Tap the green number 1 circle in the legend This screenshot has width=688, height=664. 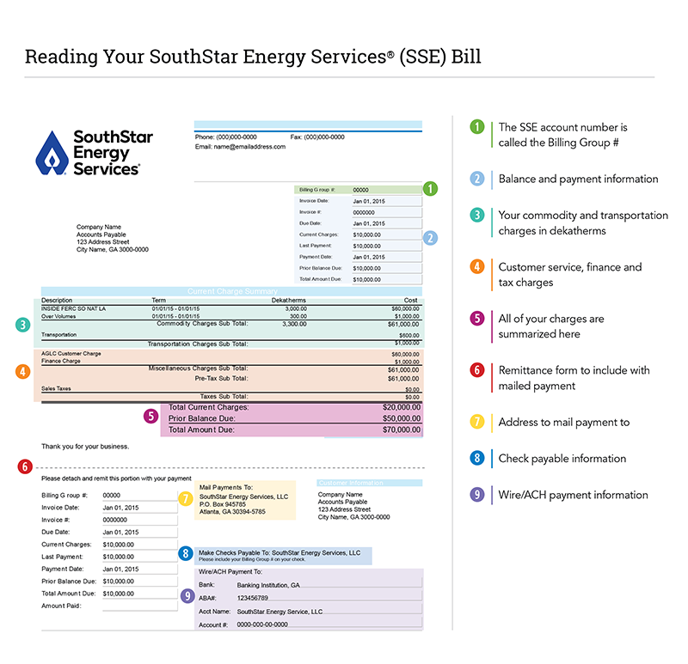(477, 126)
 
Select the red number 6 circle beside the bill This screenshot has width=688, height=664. (25, 466)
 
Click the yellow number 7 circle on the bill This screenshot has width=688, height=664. (185, 498)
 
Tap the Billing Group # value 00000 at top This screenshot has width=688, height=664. (361, 190)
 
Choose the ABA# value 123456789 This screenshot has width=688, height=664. (253, 597)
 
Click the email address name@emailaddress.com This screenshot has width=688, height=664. (240, 146)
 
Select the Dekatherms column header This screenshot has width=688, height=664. (288, 301)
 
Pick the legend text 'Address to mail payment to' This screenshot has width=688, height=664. (563, 422)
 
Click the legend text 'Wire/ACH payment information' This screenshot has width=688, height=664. (573, 495)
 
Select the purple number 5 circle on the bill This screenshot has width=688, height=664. (151, 417)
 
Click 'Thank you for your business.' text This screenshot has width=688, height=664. (85, 446)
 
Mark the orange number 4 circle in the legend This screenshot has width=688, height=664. (477, 267)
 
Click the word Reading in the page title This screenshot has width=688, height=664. (59, 58)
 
